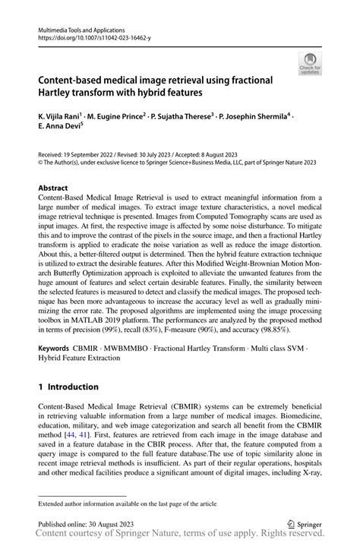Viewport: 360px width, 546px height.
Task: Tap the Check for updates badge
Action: point(309,64)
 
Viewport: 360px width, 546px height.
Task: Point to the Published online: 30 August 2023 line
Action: point(86,523)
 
